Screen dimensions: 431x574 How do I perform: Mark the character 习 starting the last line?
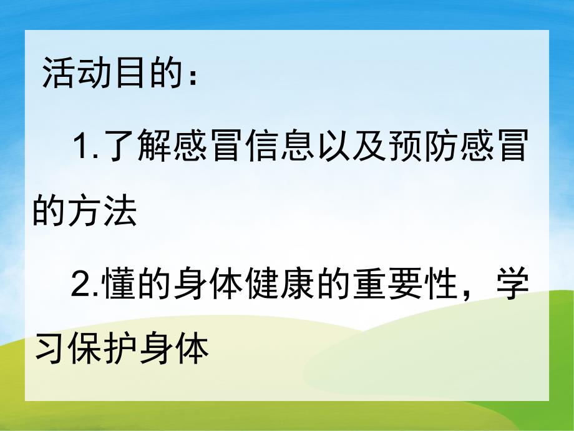(x=49, y=349)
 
